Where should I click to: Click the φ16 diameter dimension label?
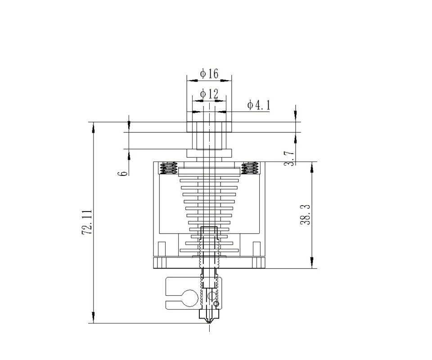[209, 74]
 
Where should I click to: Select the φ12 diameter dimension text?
[209, 94]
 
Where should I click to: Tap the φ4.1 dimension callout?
[259, 105]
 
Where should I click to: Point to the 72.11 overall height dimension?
[87, 222]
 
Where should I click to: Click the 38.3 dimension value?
[305, 214]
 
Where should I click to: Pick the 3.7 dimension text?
[289, 158]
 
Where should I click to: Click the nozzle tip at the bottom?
[209, 323]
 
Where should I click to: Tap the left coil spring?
[168, 168]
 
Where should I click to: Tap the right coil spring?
[250, 168]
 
